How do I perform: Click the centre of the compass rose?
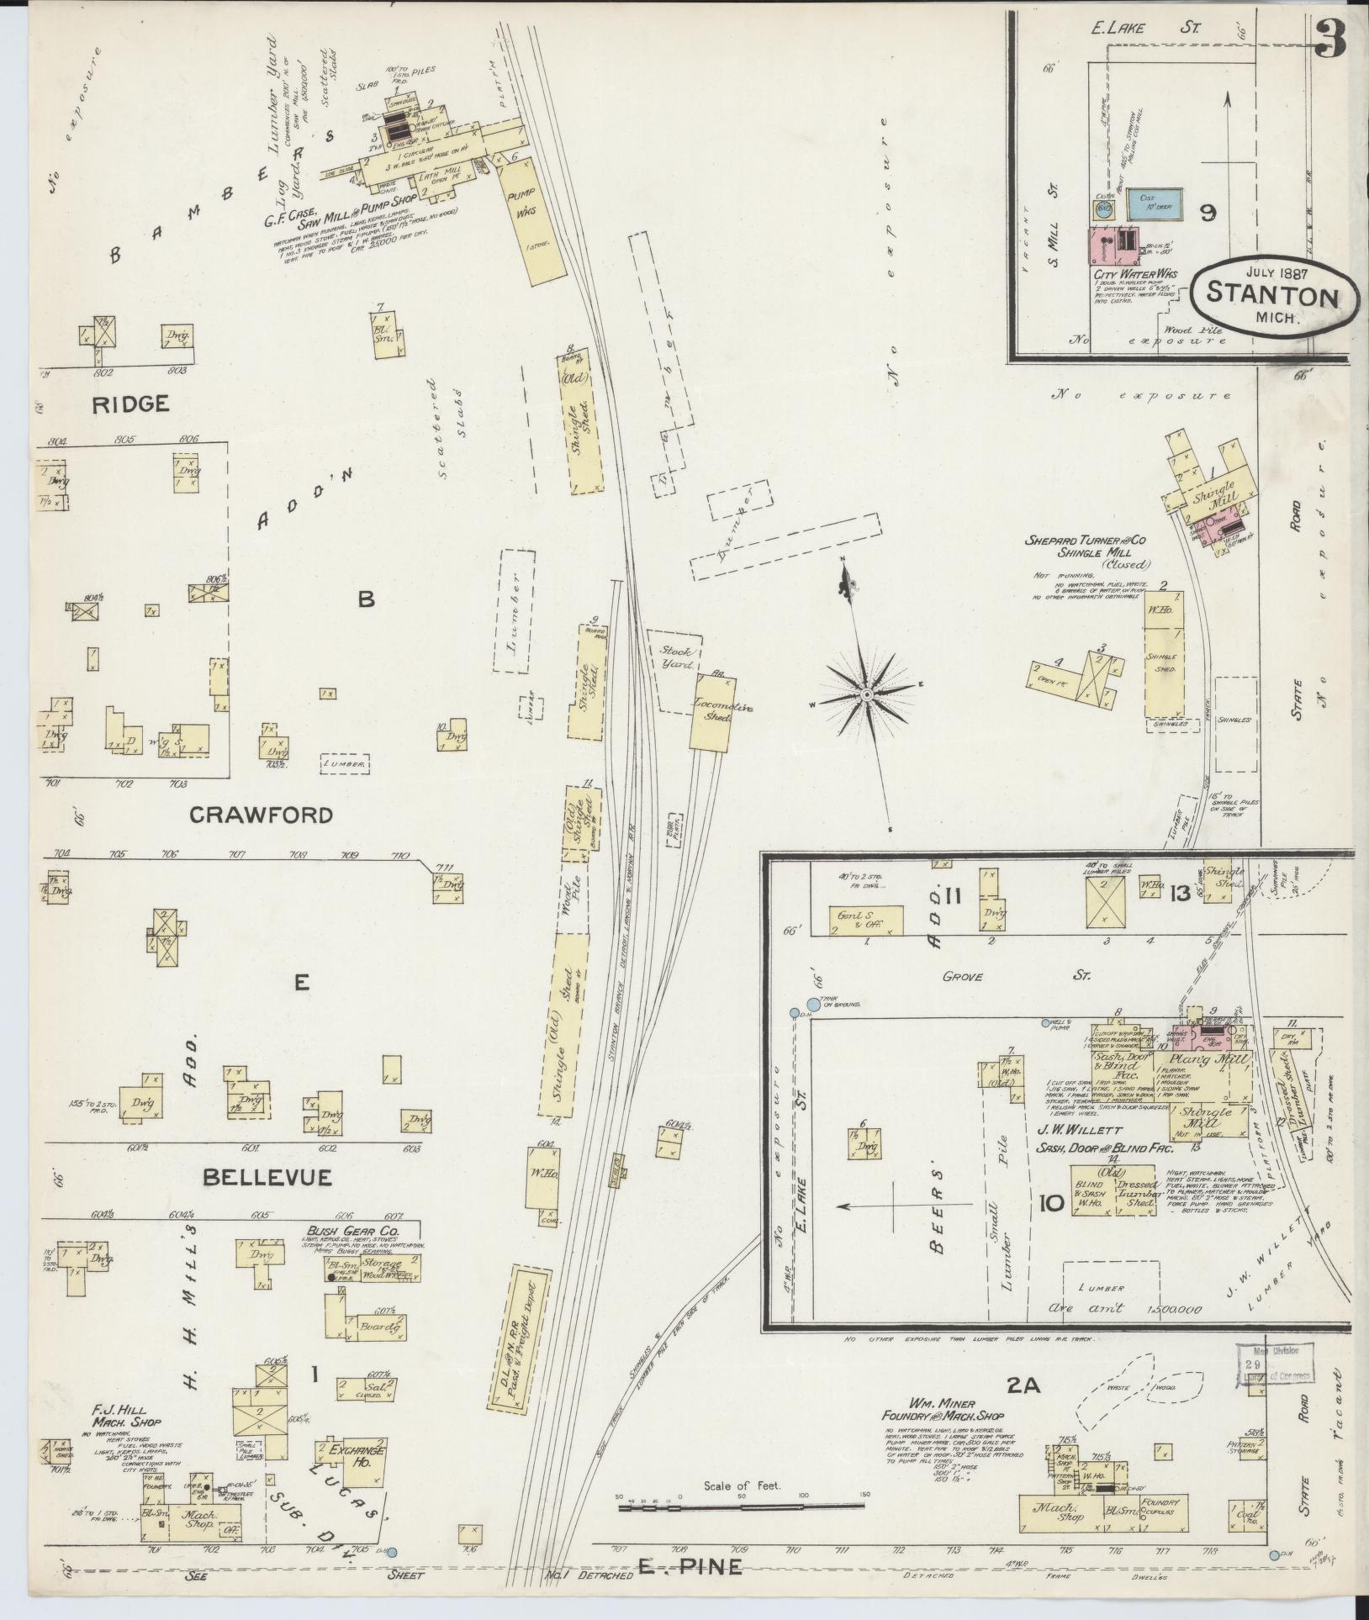(865, 694)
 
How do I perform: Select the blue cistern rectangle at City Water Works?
(1155, 202)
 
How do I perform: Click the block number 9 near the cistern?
(1207, 214)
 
